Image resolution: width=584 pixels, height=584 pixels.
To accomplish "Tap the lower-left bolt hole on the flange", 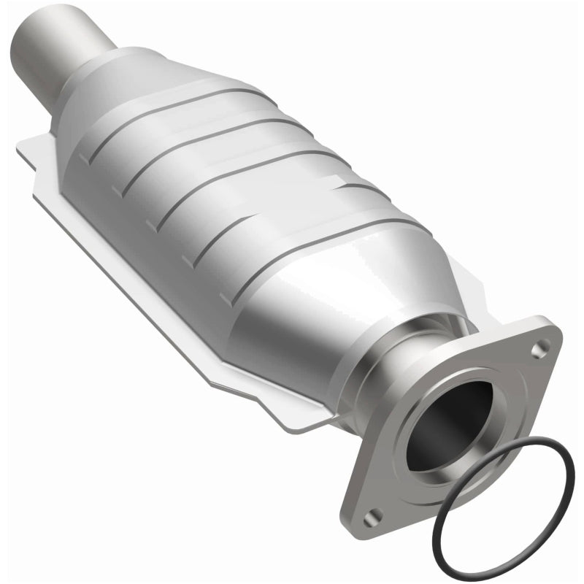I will pos(374,514).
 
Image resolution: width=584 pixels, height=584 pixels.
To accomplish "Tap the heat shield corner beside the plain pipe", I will pos(29,150).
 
